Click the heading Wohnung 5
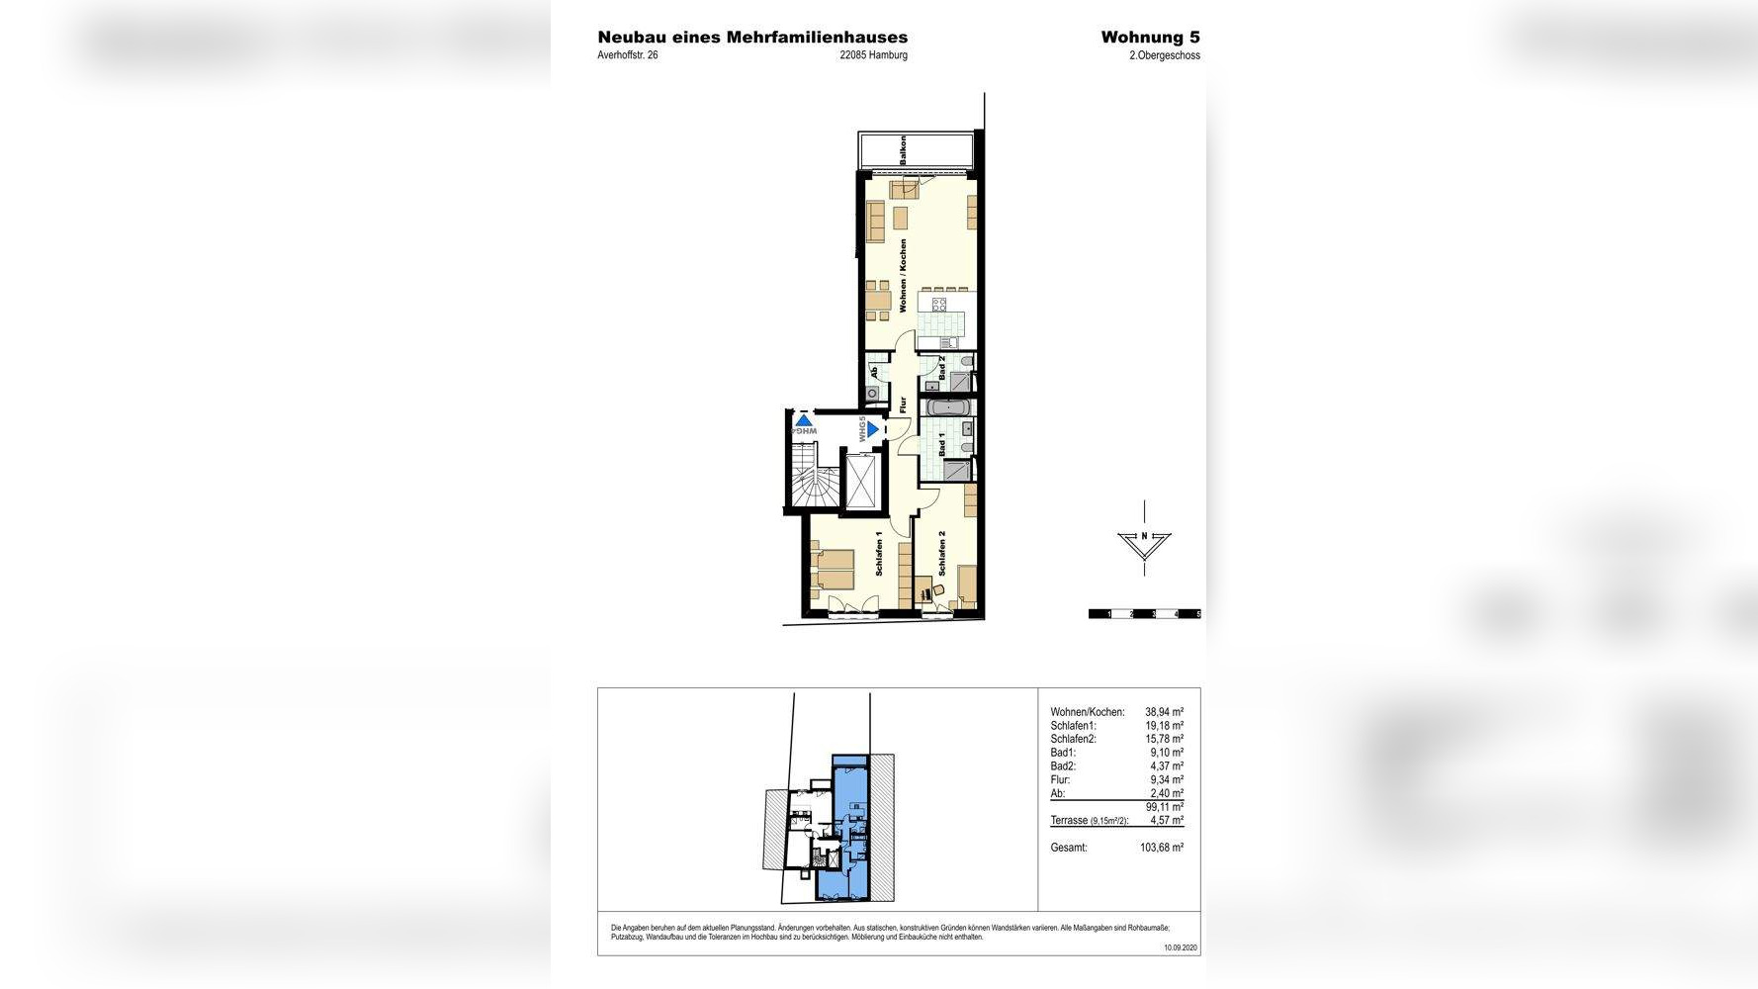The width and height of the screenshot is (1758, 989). click(x=1150, y=38)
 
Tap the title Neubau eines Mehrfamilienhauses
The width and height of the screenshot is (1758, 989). click(x=752, y=38)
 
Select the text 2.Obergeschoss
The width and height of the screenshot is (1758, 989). click(x=1164, y=56)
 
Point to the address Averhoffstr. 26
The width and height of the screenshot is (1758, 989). click(x=627, y=55)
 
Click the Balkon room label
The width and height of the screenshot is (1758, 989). click(x=903, y=150)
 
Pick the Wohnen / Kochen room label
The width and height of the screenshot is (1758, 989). click(x=903, y=276)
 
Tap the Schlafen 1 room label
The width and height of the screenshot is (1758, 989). click(x=879, y=554)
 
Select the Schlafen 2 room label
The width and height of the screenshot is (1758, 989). click(x=942, y=554)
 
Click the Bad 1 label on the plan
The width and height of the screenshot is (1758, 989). click(x=942, y=445)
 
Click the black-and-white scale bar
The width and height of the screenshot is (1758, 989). click(x=1144, y=614)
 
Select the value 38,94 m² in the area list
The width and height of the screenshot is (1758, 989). click(x=1164, y=712)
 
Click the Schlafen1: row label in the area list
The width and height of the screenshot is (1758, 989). click(x=1073, y=726)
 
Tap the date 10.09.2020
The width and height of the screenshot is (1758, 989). click(x=1181, y=947)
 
